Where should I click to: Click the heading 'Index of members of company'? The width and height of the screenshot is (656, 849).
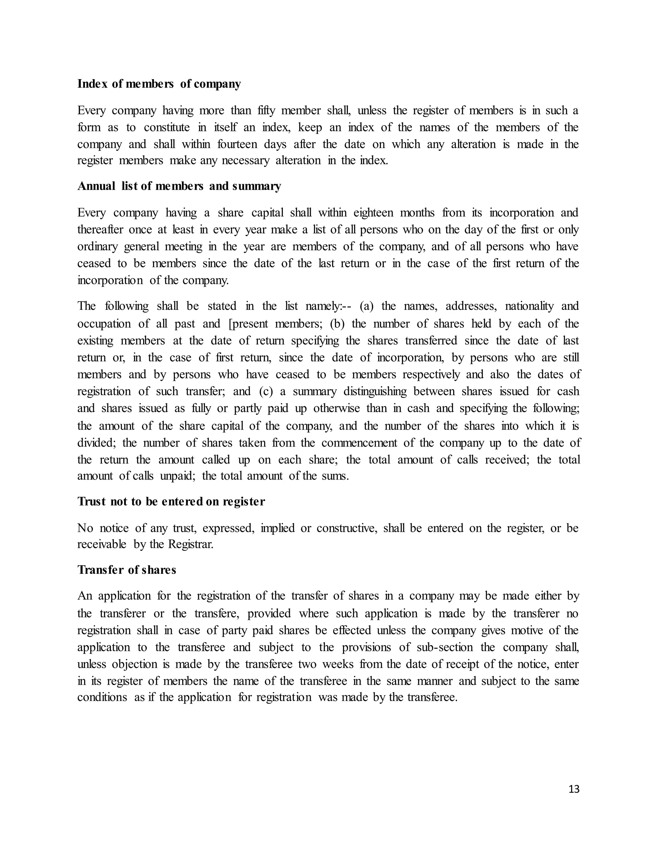pyautogui.click(x=159, y=84)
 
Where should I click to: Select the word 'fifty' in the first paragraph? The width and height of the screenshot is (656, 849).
pyautogui.click(x=266, y=111)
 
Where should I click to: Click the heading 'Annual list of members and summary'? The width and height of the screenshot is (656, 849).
pyautogui.click(x=179, y=186)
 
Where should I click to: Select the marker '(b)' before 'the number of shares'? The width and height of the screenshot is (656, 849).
pyautogui.click(x=337, y=324)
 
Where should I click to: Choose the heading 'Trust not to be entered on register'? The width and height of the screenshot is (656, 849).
pyautogui.click(x=171, y=502)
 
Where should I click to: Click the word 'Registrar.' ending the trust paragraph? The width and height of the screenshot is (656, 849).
pyautogui.click(x=191, y=544)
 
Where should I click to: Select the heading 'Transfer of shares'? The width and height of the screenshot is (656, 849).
pyautogui.click(x=127, y=570)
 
